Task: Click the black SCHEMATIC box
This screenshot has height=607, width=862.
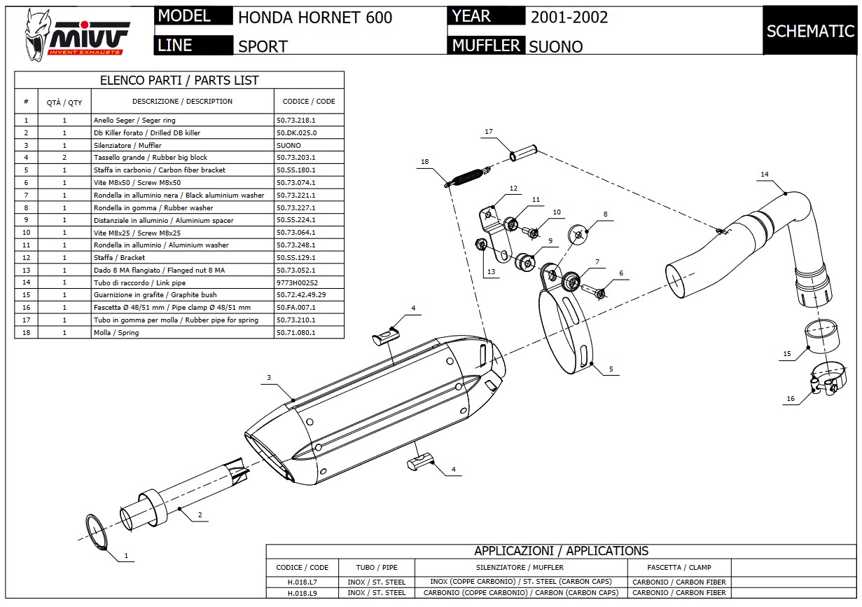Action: (809, 31)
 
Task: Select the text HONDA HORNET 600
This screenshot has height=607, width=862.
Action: (315, 17)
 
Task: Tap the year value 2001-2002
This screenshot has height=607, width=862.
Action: (569, 17)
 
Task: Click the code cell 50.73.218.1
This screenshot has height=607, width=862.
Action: (296, 121)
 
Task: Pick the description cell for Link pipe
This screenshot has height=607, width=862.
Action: (139, 282)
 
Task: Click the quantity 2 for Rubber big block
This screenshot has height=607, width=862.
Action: (64, 158)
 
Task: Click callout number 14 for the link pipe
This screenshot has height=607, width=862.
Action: (764, 175)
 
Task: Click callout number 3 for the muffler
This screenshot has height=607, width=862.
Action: (268, 378)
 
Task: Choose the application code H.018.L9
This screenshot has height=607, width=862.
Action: (303, 592)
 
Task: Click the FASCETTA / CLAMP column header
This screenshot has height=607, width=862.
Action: (679, 567)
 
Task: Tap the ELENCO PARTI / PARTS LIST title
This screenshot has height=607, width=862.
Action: (179, 81)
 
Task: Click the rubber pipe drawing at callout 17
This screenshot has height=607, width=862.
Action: (523, 151)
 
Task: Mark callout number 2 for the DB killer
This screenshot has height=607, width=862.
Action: (200, 515)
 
